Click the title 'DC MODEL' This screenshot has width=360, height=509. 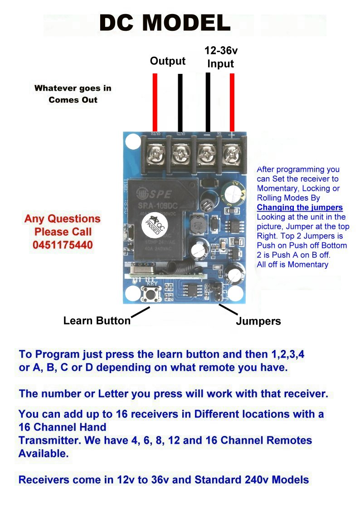click(165, 23)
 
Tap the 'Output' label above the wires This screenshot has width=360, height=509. click(168, 61)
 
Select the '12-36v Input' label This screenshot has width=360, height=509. click(221, 57)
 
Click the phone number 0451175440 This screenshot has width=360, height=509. click(63, 245)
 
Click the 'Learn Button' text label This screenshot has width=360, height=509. click(97, 321)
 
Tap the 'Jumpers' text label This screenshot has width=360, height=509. click(258, 321)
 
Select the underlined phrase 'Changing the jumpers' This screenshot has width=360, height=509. click(300, 208)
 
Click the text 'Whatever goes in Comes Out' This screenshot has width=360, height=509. click(73, 94)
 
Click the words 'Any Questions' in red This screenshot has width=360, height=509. click(63, 219)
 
